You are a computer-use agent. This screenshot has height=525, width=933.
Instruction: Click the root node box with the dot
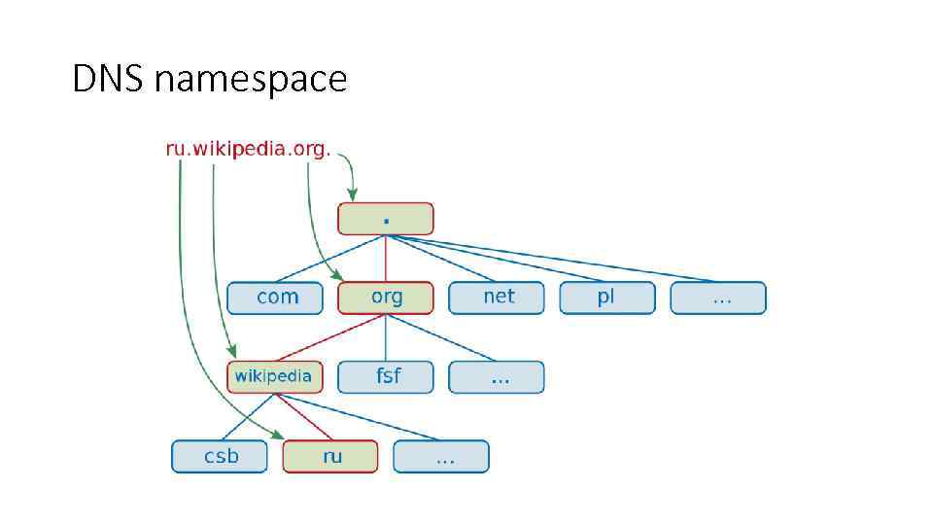click(x=386, y=219)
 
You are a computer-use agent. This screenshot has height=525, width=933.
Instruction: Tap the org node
click(x=386, y=297)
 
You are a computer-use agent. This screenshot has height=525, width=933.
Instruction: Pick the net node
click(x=497, y=297)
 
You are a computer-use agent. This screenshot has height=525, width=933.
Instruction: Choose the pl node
click(x=607, y=297)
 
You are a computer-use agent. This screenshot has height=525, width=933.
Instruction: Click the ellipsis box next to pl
click(x=718, y=297)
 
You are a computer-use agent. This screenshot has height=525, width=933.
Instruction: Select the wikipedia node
click(x=275, y=376)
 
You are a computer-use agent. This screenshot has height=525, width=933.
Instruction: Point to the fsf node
click(x=386, y=376)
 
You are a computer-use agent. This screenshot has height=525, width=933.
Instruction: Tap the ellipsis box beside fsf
click(x=497, y=376)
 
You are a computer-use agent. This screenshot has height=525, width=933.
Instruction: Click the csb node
click(x=220, y=456)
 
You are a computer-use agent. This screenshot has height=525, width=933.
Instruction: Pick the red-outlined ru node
click(x=330, y=456)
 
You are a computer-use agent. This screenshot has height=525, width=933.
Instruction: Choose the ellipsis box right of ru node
click(x=441, y=456)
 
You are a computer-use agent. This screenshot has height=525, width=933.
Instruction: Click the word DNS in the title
click(x=108, y=79)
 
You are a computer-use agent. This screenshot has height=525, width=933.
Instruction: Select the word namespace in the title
click(x=250, y=80)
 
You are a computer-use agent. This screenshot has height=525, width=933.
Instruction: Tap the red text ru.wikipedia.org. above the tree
click(x=249, y=149)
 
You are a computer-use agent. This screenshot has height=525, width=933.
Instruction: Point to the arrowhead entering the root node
click(x=354, y=196)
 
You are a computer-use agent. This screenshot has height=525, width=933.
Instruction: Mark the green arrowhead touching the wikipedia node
click(x=231, y=357)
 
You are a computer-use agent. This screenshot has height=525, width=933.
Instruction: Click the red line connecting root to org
click(x=386, y=258)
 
